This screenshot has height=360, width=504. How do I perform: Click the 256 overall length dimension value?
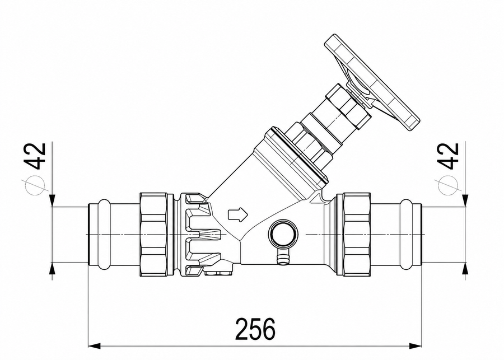click(255, 329)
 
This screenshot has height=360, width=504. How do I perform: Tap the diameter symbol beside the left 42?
click(33, 185)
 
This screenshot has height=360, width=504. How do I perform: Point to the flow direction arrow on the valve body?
click(237, 214)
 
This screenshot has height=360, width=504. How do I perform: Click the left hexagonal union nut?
click(154, 234)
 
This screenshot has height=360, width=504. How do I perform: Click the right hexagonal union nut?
click(357, 234)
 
